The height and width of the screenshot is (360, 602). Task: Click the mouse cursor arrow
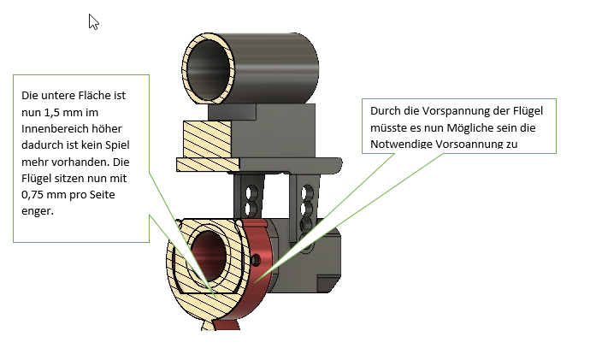pyautogui.click(x=93, y=21)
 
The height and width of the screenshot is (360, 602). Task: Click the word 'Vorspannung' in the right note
pyautogui.click(x=440, y=112)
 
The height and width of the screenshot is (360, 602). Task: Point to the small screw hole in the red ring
pyautogui.click(x=255, y=258)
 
